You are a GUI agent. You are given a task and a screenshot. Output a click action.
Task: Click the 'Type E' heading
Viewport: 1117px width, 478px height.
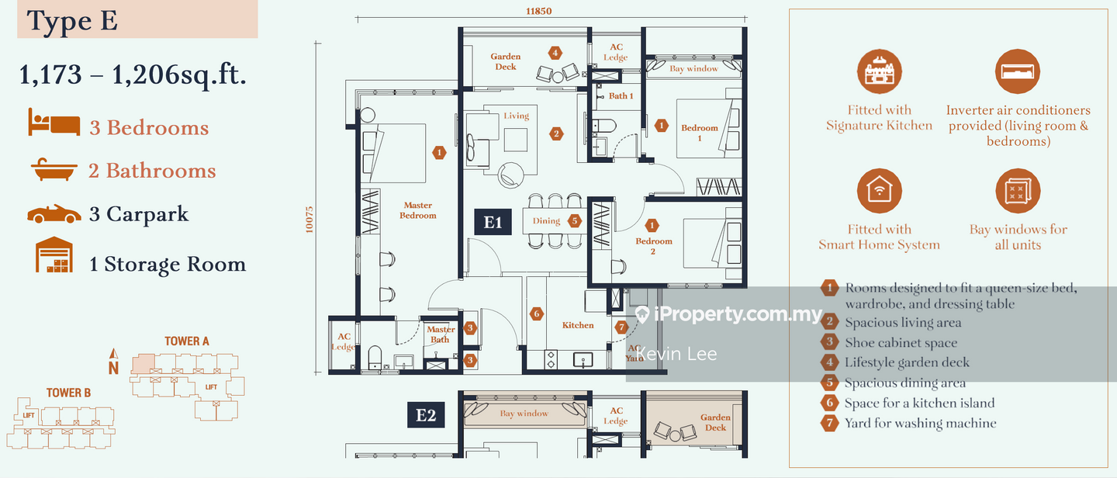coord(73,21)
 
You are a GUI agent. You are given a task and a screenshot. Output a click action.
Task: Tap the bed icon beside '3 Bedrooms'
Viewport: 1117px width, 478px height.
coord(54,123)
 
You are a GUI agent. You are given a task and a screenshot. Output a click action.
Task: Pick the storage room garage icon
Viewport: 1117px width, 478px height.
coord(54,255)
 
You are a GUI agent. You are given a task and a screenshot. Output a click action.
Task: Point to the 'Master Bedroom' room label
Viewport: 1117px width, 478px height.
coord(418,210)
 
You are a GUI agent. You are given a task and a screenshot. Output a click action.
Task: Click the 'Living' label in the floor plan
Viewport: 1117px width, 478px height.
coord(516,116)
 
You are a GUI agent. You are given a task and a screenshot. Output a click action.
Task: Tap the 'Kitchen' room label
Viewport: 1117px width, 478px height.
coord(578,325)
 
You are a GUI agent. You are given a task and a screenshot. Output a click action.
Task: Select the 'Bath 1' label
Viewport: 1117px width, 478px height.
coord(621,96)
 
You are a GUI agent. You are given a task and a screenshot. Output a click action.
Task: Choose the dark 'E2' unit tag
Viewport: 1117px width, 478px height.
coord(426,415)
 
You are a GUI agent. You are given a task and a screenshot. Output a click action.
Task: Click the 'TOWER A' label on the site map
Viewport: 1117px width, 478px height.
coord(187,341)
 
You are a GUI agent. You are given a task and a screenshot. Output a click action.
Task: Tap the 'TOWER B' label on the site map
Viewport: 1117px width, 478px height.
coord(68,393)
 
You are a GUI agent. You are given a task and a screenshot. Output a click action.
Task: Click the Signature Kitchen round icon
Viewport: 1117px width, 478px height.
coord(879,72)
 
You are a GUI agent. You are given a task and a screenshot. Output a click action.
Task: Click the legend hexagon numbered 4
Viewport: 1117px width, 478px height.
coord(829,362)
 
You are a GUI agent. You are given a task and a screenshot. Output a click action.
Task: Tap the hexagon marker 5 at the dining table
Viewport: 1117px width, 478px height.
coord(574,220)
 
